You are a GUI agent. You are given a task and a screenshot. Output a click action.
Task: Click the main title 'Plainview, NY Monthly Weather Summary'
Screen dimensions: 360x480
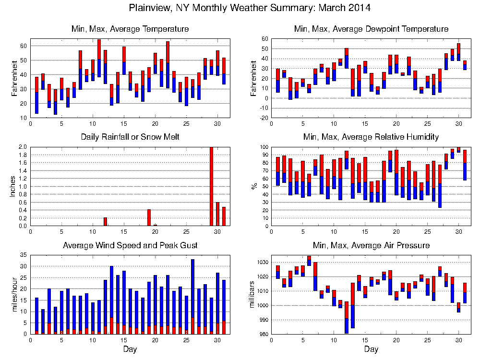pyautogui.click(x=250, y=8)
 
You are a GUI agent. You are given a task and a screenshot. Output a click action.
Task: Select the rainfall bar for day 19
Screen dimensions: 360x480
pyautogui.click(x=149, y=217)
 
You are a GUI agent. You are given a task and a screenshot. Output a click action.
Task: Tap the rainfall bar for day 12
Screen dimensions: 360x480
pyautogui.click(x=106, y=222)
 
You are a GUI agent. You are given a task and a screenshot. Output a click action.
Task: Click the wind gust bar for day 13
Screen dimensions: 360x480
pyautogui.click(x=111, y=293)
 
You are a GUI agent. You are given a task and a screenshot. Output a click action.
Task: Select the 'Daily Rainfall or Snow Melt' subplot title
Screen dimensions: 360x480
pyautogui.click(x=131, y=137)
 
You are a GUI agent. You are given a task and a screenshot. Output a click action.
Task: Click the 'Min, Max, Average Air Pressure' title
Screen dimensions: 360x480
pyautogui.click(x=371, y=246)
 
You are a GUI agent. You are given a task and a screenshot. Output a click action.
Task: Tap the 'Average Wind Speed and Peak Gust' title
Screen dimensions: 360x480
pyautogui.click(x=131, y=246)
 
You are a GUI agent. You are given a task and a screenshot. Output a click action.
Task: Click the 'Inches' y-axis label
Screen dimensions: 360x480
pyautogui.click(x=13, y=186)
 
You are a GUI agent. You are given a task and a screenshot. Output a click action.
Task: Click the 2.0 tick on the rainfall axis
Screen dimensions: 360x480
pyautogui.click(x=22, y=147)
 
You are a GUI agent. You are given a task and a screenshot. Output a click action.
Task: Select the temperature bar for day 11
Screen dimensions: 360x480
pyautogui.click(x=99, y=58)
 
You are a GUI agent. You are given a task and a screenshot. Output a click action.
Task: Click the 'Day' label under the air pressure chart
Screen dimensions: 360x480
pyautogui.click(x=371, y=349)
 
